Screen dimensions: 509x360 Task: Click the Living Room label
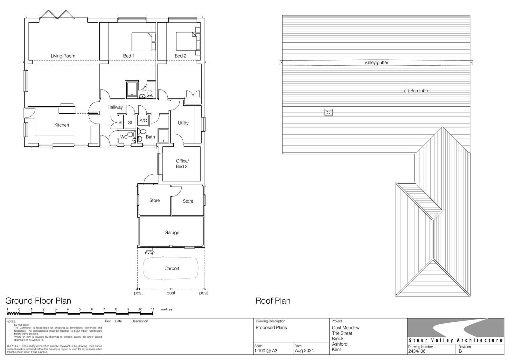coord(63,56)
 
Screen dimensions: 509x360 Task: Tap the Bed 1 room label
coord(129,56)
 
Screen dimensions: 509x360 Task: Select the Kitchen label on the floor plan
coord(62,125)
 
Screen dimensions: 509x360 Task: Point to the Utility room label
coord(183,123)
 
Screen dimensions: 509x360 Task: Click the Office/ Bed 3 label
coord(182,164)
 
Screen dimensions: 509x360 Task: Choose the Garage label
coord(172,233)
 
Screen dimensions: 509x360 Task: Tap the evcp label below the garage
coord(150,253)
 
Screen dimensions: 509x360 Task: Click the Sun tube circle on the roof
coord(407,91)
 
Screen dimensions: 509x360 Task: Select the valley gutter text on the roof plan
coord(376,62)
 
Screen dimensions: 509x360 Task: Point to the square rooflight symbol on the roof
coord(329,112)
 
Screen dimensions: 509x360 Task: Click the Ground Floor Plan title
coord(38,301)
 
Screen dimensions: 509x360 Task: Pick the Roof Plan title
coord(273,301)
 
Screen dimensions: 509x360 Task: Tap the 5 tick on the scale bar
coord(80,309)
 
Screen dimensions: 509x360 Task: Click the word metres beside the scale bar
coord(167,309)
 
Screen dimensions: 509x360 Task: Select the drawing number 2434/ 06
coord(417,351)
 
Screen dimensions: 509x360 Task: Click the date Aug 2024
coord(304,351)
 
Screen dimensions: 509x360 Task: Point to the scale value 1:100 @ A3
coord(266,351)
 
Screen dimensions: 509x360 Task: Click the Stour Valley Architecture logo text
coord(456,340)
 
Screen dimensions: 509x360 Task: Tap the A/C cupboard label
coord(143,121)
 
